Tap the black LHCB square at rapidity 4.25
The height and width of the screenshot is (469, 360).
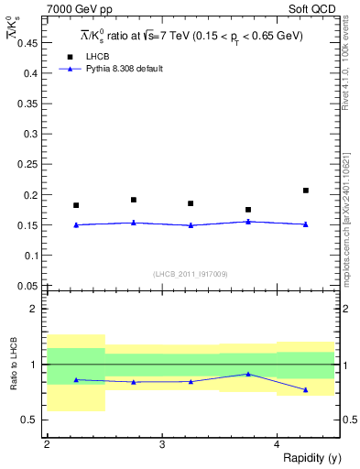pyautogui.click(x=306, y=191)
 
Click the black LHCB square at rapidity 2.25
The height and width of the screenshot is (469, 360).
pyautogui.click(x=76, y=205)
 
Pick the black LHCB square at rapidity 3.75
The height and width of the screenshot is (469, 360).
pyautogui.click(x=248, y=210)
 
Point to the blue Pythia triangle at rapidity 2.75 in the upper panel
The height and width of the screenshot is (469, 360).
pyautogui.click(x=134, y=222)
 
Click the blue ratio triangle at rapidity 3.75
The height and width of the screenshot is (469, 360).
pyautogui.click(x=248, y=374)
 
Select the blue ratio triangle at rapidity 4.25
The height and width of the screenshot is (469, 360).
pyautogui.click(x=306, y=390)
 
